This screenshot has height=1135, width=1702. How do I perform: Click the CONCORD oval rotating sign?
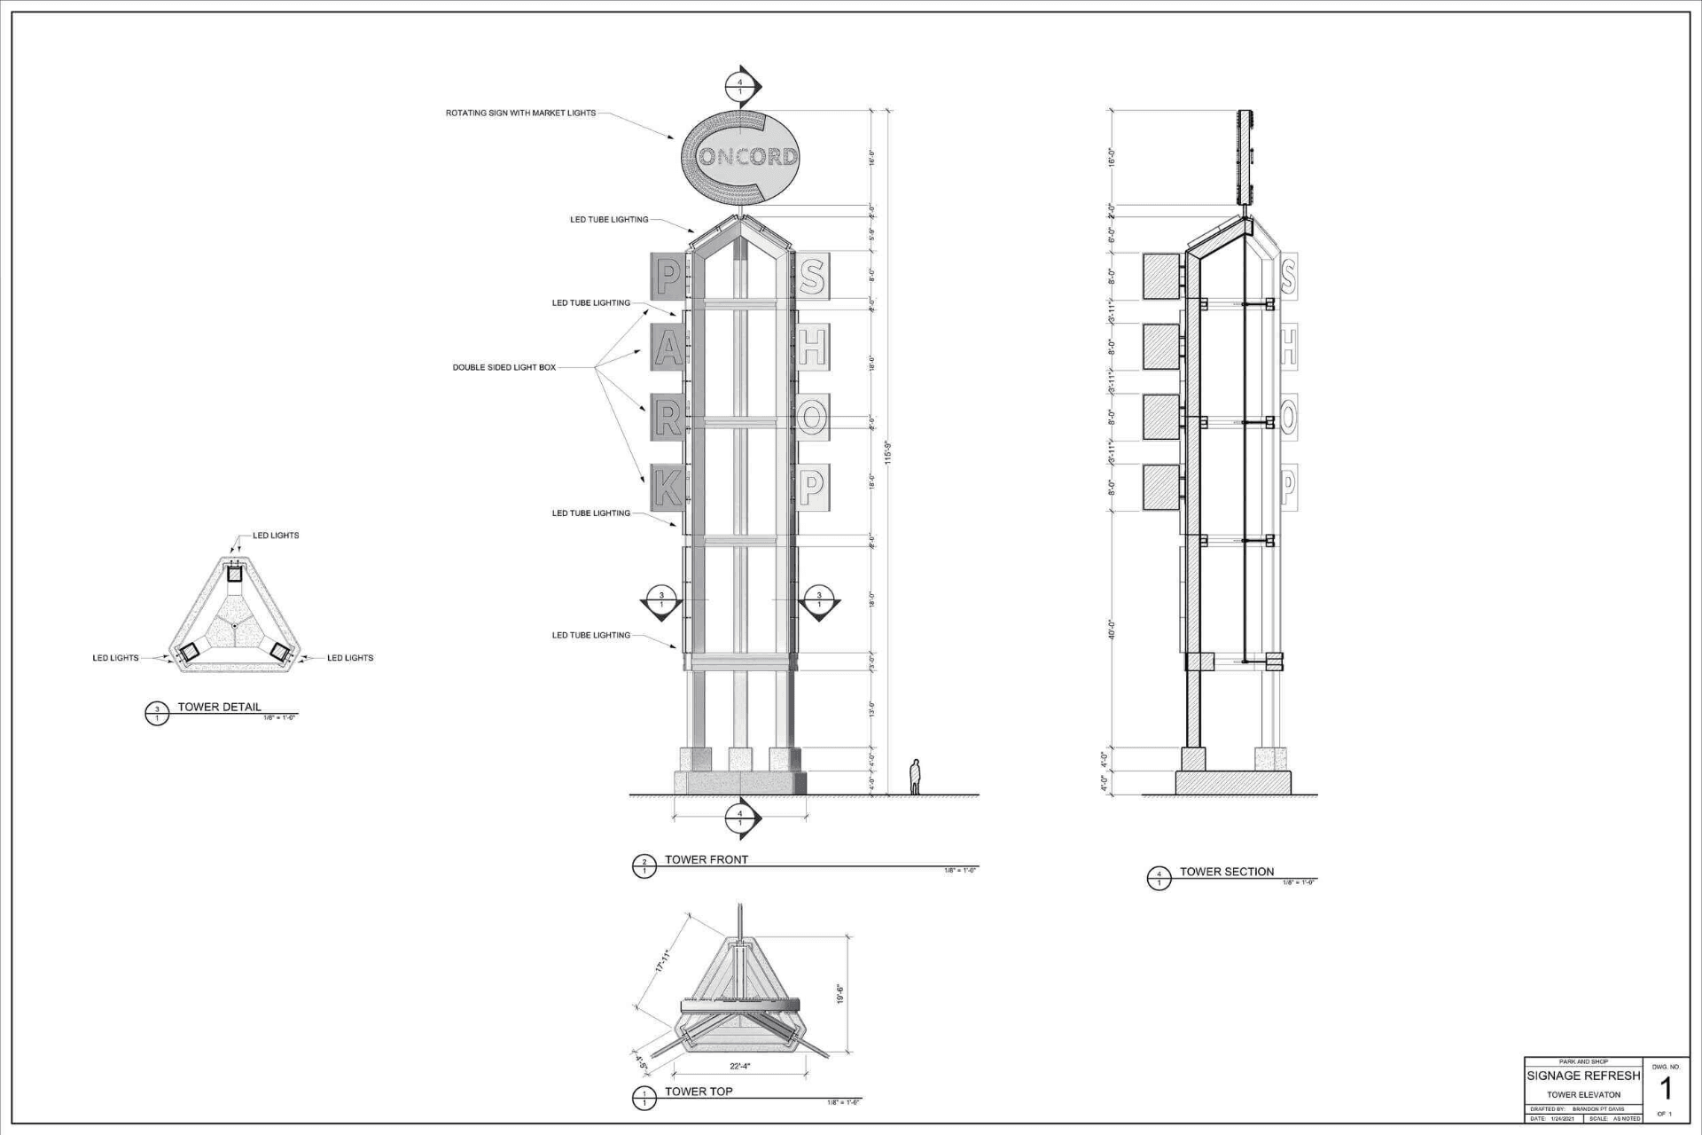pos(741,157)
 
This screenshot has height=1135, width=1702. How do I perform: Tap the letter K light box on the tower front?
pos(668,486)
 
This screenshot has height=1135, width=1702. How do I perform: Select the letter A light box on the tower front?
pos(668,346)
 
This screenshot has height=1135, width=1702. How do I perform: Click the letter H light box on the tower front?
pos(811,346)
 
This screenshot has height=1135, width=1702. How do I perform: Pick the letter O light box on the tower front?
pos(811,416)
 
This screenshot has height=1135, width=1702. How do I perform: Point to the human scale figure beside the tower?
pos(916,778)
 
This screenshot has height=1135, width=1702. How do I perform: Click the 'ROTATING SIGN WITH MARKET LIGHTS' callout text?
pos(520,113)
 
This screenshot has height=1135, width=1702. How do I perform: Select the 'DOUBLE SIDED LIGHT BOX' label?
pos(504,367)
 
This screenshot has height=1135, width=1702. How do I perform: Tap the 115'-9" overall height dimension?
pos(888,452)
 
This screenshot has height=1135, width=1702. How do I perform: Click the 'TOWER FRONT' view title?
pos(707,859)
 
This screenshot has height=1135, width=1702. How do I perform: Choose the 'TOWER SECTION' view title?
pos(1226,872)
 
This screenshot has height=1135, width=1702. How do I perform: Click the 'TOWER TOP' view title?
pos(699,1092)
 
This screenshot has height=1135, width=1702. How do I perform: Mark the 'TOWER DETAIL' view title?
pos(219,707)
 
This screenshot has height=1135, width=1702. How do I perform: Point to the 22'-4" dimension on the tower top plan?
pos(739,1066)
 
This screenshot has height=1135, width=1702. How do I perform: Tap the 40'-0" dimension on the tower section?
pos(1112,630)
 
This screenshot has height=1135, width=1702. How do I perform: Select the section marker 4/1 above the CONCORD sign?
pos(741,87)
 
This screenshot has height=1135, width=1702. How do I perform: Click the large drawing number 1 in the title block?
pos(1665,1088)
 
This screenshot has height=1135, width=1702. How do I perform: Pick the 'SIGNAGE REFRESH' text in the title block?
pos(1583,1076)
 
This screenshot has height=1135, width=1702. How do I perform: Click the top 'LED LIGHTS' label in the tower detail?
pos(276,536)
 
